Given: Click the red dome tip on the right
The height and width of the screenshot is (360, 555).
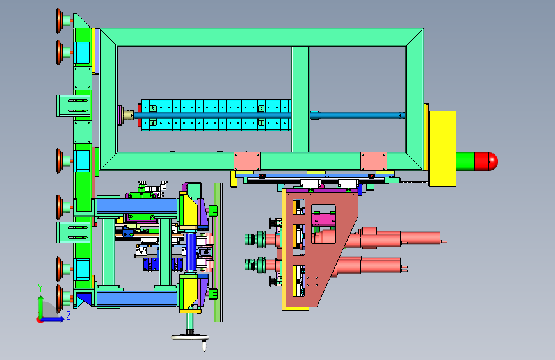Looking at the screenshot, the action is coord(486,161).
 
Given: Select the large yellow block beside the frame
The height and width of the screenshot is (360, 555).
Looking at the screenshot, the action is coord(442,149).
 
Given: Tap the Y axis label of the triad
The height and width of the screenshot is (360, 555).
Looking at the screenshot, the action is coord(40,288).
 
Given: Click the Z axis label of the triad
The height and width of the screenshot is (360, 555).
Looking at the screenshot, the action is coord(68,315).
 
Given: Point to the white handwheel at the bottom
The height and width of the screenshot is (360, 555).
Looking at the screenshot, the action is coord(189,337).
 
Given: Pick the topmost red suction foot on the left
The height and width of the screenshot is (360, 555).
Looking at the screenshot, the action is coord(60,21).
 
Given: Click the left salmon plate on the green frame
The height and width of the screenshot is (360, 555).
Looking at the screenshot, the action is coord(246,161).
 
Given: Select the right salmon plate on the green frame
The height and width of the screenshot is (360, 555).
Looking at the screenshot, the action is coord(374,161).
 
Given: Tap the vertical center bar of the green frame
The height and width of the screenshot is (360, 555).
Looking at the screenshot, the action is coord(301,99).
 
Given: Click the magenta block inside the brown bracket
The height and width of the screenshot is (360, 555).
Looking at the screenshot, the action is coord(323,218).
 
